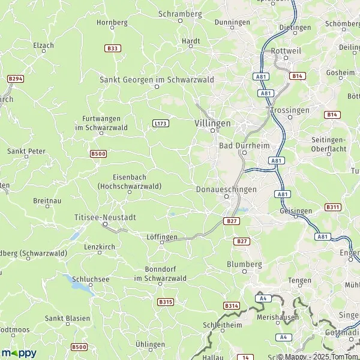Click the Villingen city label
pyautogui.click(x=212, y=123)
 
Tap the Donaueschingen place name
pyautogui.click(x=226, y=189)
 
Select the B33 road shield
pyautogui.click(x=111, y=48)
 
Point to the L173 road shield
pyautogui.click(x=160, y=124)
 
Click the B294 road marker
pyautogui.click(x=16, y=79)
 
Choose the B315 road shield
pyautogui.click(x=166, y=301)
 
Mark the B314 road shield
pyautogui.click(x=232, y=306)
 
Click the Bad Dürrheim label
pyautogui.click(x=244, y=146)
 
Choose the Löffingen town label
pyautogui.click(x=162, y=237)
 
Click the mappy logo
pyautogui.click(x=19, y=353)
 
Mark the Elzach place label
pyautogui.click(x=43, y=45)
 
